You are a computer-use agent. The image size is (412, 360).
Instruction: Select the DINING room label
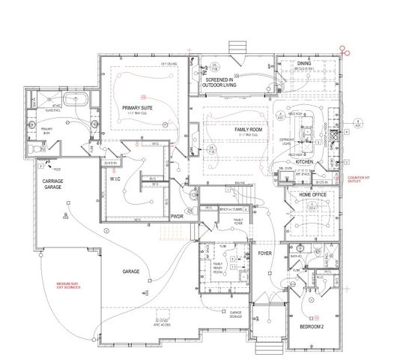coord(303,64)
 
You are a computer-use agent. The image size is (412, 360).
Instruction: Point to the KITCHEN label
coord(303,162)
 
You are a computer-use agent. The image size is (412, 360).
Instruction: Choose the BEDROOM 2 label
coord(311,327)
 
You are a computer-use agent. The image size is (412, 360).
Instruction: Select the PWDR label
coord(177,216)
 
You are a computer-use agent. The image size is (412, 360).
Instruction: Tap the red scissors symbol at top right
coord(344,50)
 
